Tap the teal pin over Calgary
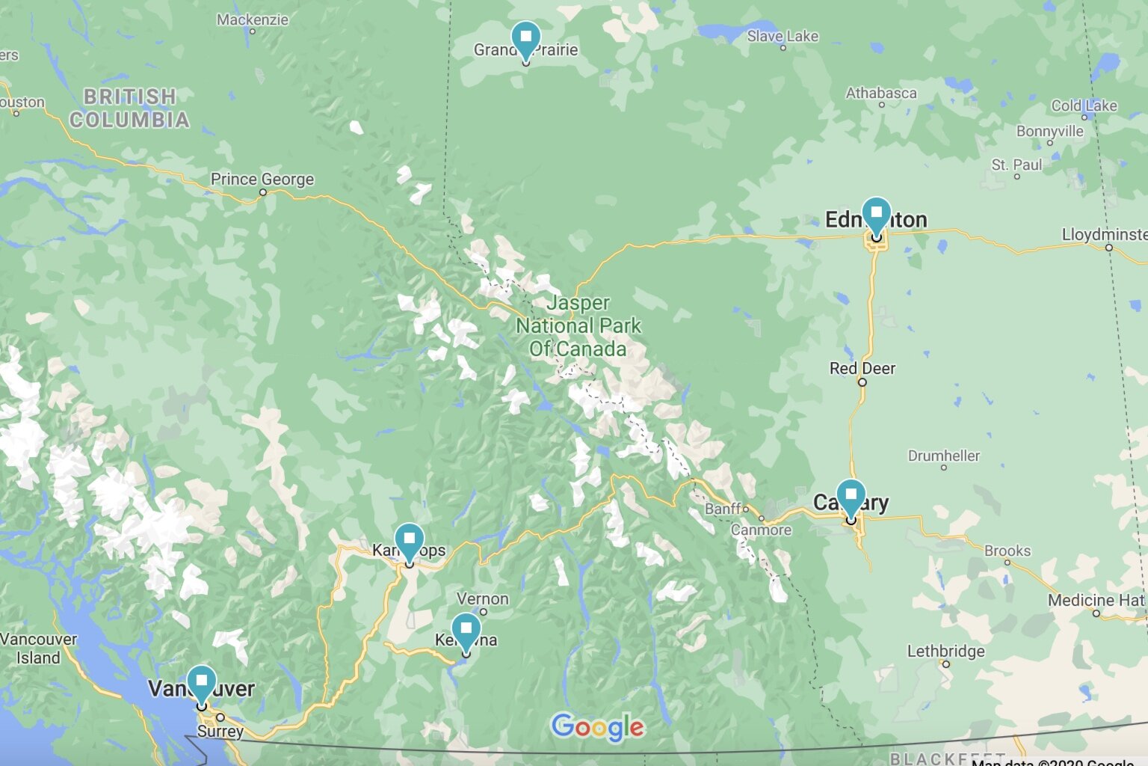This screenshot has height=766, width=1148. (851, 496)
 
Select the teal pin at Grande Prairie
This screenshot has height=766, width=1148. (525, 38)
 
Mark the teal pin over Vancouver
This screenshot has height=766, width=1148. (201, 681)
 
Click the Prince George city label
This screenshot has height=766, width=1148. (262, 179)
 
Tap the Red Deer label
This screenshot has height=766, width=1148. (862, 368)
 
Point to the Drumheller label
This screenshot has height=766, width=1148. (943, 456)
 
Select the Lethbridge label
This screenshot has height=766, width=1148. (945, 651)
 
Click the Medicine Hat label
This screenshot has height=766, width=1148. (1096, 600)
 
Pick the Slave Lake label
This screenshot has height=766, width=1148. (783, 36)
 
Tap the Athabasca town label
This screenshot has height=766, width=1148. (881, 93)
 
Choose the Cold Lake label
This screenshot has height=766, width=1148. (1084, 105)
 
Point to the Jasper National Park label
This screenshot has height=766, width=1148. (578, 325)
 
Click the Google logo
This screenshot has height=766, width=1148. (597, 727)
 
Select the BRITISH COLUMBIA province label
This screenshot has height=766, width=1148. (129, 108)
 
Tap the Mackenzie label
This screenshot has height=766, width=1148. (252, 19)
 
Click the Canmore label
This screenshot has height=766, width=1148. (761, 530)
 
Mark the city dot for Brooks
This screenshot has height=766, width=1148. (1007, 563)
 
